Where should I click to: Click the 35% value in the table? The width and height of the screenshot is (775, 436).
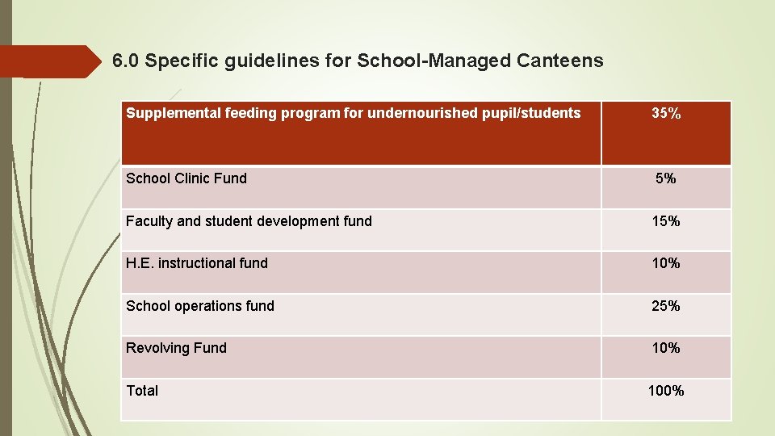(666, 114)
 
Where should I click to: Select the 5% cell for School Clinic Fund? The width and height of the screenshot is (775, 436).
(666, 178)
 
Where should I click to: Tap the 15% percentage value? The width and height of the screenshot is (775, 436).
(666, 220)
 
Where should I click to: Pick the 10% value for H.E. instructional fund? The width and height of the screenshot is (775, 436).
(666, 263)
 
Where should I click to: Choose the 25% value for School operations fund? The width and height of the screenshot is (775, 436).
(666, 306)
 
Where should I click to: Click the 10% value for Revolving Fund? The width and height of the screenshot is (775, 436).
(666, 348)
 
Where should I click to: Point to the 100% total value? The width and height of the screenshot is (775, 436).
(666, 391)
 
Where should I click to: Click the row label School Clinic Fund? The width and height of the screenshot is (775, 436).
(186, 178)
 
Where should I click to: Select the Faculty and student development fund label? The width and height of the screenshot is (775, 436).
(249, 220)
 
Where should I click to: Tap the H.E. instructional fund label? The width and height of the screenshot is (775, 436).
(197, 263)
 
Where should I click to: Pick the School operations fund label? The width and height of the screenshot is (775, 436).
(200, 306)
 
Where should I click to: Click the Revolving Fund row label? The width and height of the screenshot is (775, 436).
(176, 348)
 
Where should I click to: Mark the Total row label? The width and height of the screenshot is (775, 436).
(142, 391)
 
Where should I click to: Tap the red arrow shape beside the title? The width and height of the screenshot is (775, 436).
(48, 61)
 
